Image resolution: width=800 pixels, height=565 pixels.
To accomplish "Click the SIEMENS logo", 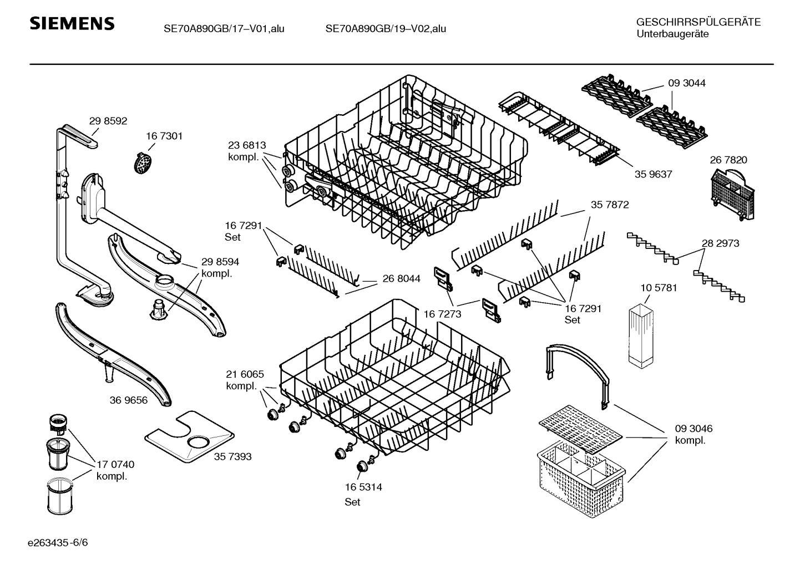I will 72,24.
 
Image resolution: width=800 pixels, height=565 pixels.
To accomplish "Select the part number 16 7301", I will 164,136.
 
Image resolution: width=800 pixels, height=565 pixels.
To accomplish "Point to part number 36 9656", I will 129,400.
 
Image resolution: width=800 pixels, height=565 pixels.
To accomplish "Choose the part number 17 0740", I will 115,465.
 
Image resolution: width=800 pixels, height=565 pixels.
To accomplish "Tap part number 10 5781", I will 659,288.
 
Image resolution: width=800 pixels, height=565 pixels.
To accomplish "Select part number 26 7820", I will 728,160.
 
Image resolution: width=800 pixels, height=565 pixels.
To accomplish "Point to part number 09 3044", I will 687,83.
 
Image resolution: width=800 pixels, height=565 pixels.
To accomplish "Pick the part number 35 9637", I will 653,174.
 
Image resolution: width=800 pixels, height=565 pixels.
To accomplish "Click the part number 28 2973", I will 720,243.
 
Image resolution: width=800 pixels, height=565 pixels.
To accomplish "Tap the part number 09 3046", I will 693,429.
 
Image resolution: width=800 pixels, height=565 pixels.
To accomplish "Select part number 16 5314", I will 363,487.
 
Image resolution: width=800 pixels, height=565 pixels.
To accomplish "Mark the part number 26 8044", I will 401,279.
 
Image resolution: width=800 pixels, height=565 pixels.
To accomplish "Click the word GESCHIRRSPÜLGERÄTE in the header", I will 698,22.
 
